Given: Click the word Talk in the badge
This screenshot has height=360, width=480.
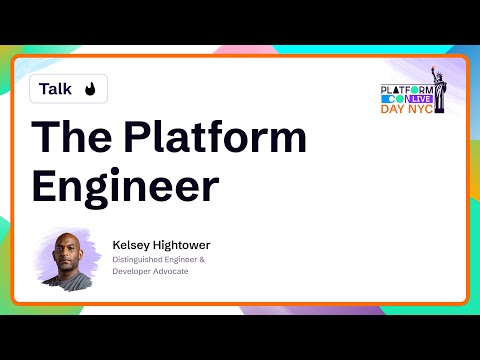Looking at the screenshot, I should tap(56, 89).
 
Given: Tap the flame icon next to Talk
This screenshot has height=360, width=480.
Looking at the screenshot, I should tap(90, 90).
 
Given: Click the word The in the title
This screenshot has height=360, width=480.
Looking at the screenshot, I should tap(70, 137).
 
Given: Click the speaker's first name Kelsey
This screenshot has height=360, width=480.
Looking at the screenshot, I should tap(131, 244).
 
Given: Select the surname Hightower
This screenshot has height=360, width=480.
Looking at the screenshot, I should tap(181, 244).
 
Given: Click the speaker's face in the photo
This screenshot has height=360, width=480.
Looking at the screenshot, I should tap(71, 255).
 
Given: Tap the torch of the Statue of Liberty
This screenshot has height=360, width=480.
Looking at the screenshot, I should tap(433, 70).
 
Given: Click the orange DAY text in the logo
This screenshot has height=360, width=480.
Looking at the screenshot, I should tap(394, 109).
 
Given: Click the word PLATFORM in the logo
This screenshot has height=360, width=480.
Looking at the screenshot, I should tap(404, 90).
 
